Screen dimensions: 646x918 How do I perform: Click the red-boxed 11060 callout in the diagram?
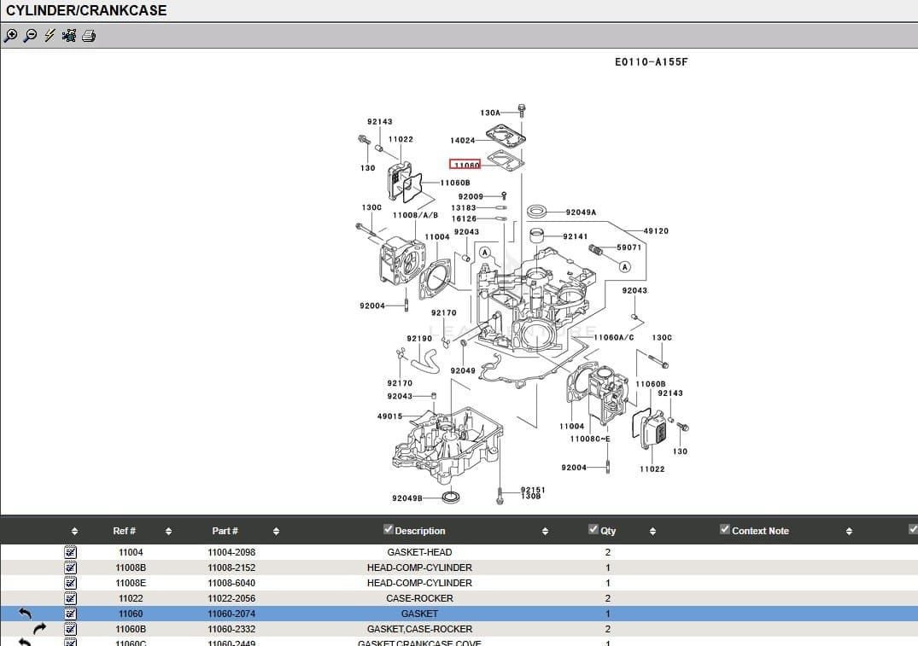click(465, 165)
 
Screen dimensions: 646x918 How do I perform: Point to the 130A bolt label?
click(490, 113)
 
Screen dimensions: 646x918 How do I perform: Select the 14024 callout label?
click(462, 141)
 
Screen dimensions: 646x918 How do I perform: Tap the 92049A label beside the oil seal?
click(581, 212)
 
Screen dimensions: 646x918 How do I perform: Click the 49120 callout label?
click(656, 231)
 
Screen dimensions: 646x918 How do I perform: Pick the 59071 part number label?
click(629, 248)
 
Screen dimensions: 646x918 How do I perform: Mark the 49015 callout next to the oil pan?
click(389, 416)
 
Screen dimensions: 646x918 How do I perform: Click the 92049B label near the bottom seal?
click(407, 498)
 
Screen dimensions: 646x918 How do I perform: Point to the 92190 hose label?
click(419, 339)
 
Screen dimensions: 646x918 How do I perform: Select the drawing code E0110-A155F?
click(651, 62)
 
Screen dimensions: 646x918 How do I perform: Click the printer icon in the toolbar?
click(89, 36)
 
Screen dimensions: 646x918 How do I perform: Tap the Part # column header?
click(225, 531)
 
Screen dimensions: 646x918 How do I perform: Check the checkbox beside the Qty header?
click(593, 530)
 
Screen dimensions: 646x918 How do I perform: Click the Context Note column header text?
click(760, 531)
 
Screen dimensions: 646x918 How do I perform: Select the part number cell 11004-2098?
click(231, 552)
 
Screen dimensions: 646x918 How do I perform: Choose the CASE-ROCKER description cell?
click(419, 598)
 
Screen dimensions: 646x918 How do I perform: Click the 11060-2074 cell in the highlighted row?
click(231, 614)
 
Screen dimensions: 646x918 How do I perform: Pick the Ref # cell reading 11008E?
click(131, 583)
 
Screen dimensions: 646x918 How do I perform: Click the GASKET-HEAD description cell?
click(419, 552)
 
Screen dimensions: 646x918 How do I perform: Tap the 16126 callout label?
click(464, 219)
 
